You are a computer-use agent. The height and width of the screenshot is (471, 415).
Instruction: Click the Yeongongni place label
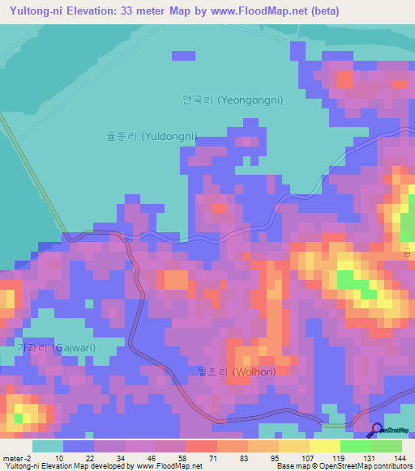233,101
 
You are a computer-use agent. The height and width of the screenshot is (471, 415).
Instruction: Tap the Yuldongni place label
152,137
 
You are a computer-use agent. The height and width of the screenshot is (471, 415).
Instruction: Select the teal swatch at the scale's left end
48,446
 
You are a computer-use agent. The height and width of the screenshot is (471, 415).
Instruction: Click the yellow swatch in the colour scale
324,446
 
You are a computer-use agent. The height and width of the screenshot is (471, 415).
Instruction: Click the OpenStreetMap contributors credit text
366,466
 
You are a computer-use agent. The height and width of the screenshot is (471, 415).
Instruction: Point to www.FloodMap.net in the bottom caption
169,466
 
